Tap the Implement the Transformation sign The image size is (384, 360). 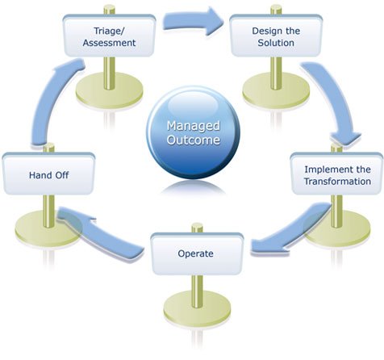point(336,174)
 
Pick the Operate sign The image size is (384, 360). point(196,253)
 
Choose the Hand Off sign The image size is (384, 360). point(41,174)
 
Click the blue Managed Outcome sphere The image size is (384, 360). point(193,134)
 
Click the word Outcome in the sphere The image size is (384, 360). point(193,140)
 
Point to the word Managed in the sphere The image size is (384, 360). point(193,126)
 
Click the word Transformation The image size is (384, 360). point(337,182)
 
